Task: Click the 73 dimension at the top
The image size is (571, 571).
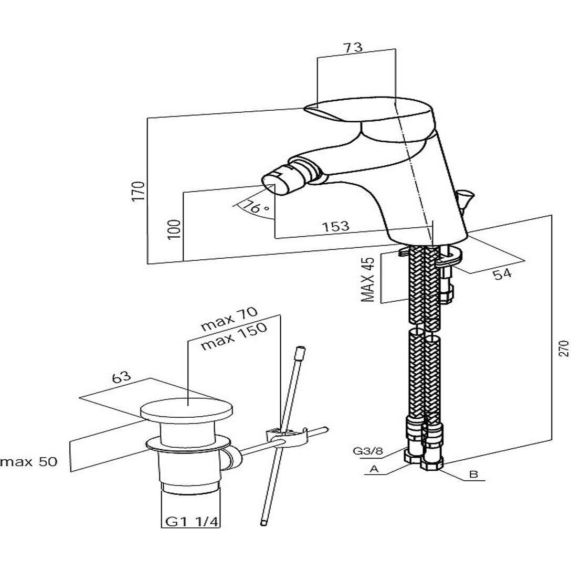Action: tap(353, 47)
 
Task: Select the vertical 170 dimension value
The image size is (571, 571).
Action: tap(139, 192)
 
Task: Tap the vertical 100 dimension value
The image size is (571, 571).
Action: tap(175, 229)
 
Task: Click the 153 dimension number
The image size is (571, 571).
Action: tap(336, 226)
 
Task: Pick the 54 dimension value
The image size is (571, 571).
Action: tap(502, 273)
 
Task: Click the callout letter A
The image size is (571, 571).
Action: tap(374, 469)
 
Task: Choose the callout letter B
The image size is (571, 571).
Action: tap(473, 474)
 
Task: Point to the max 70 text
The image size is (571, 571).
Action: tap(229, 319)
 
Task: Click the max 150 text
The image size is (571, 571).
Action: tap(234, 336)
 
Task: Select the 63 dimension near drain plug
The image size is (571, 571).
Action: tap(121, 378)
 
